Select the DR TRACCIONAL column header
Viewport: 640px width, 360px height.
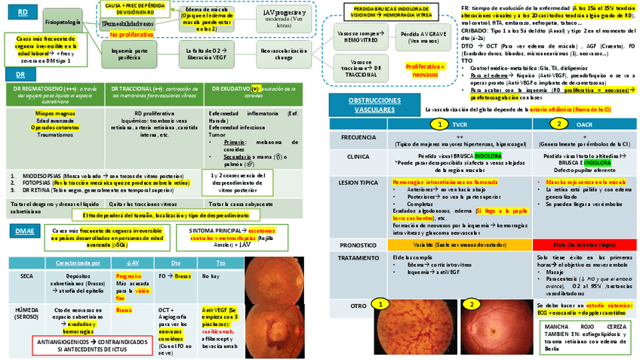coord(153,93)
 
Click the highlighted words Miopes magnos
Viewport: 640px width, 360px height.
coord(54,112)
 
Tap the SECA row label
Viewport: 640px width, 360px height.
coord(26,276)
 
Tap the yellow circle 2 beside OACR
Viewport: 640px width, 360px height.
coord(559,123)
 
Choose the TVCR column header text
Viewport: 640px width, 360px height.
coord(460,123)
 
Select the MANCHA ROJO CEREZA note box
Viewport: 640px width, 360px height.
coord(574,335)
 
